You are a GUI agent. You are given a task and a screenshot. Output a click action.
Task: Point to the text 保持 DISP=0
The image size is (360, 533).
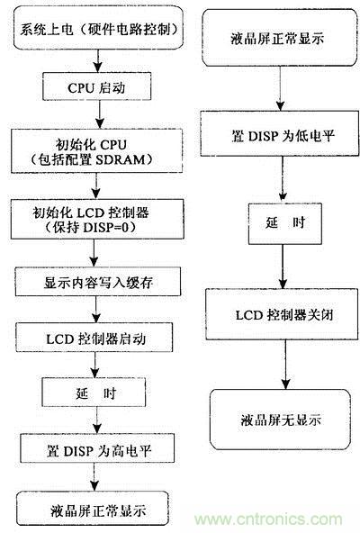[94, 229]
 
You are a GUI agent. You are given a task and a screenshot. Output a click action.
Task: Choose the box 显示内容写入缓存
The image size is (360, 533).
[93, 282]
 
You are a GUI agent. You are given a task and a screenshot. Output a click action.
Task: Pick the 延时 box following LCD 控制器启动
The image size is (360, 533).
[93, 393]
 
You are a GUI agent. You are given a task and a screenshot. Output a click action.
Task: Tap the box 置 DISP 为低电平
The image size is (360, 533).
[282, 138]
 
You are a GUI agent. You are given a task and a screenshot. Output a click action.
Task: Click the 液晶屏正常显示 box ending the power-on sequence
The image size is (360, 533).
[93, 510]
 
